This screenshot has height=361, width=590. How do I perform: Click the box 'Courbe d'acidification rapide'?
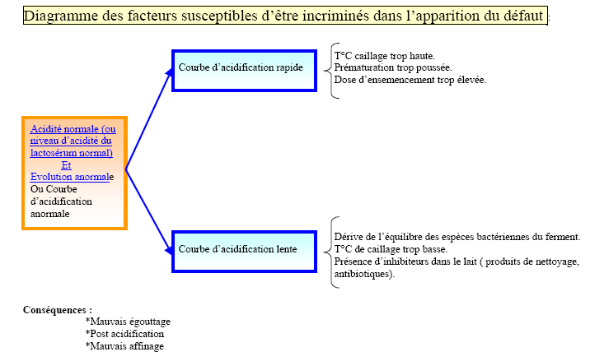tap(244, 71)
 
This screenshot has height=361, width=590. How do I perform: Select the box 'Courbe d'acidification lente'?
tap(244, 252)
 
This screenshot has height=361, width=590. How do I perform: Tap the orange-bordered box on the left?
tap(74, 173)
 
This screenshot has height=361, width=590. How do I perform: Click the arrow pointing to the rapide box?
tap(149, 119)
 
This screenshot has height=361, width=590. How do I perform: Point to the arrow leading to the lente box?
tap(149, 212)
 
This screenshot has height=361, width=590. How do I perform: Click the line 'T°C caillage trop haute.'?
tap(385, 56)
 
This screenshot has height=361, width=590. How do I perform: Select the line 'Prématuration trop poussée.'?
tap(393, 67)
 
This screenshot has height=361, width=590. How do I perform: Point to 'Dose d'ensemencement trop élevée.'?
tap(410, 80)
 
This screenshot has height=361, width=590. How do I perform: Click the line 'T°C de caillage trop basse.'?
tap(391, 249)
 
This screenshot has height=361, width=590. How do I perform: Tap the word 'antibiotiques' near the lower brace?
tap(361, 274)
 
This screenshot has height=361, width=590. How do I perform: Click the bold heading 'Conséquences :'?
tap(58, 310)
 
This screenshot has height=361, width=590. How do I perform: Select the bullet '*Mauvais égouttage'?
tap(128, 322)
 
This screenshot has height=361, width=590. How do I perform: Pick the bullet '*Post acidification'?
tap(125, 334)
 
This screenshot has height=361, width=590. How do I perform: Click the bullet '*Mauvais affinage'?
tap(125, 346)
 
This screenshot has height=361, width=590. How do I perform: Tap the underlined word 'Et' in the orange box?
tap(66, 165)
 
